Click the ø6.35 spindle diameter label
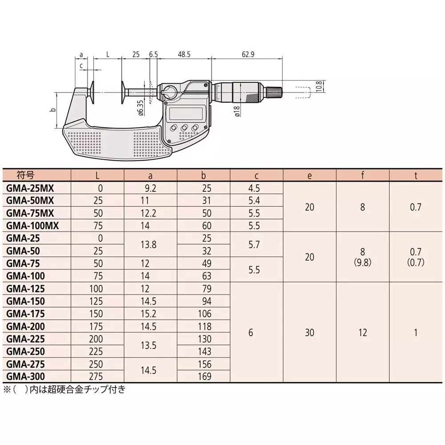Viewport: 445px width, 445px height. [x=141, y=108]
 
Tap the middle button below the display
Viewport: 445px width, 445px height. [x=184, y=128]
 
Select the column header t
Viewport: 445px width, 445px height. [x=416, y=175]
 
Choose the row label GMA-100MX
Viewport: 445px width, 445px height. [x=32, y=225]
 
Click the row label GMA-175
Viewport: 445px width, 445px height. [x=26, y=313]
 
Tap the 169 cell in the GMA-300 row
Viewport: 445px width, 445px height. [x=204, y=377]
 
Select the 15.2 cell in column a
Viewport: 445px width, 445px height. [x=150, y=313]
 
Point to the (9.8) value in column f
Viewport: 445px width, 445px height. [x=363, y=263]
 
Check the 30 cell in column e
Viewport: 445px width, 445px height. [x=310, y=332]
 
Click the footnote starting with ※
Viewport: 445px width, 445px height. [x=65, y=389]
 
